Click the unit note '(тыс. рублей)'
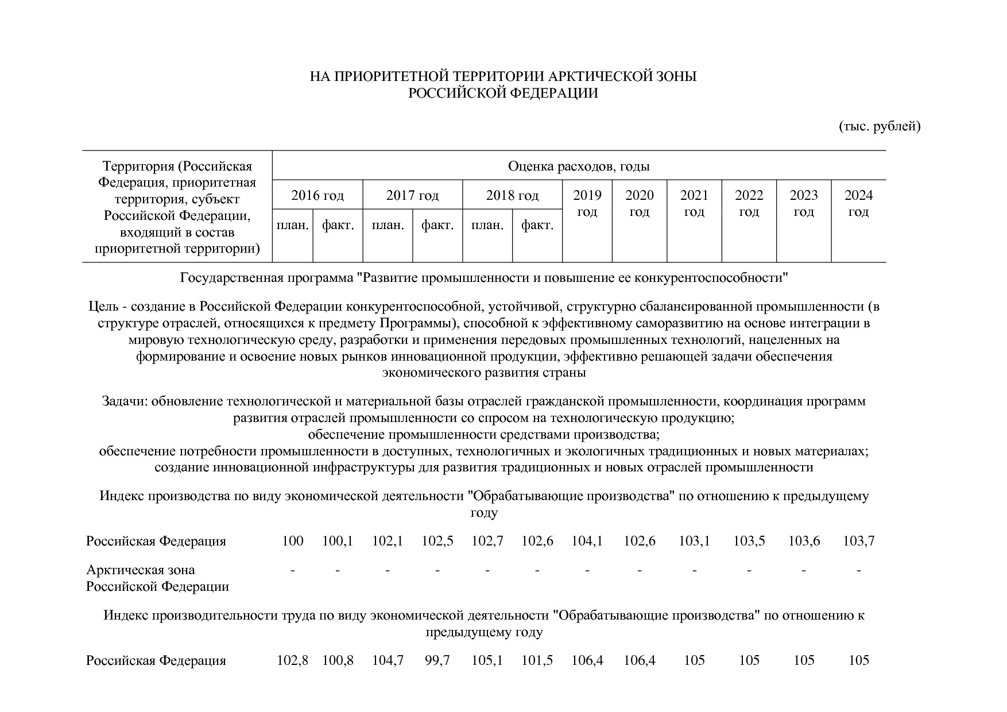[880, 126]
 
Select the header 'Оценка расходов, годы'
[579, 167]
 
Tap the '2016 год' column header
[317, 196]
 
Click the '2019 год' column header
[587, 203]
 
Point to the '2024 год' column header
[858, 203]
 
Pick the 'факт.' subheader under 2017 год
[437, 225]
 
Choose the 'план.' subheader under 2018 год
[487, 225]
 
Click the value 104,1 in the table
[587, 541]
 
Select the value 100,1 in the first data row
[338, 541]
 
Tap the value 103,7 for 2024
[858, 541]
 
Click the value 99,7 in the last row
[437, 660]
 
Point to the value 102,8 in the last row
[292, 660]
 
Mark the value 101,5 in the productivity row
[537, 660]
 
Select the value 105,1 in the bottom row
[487, 660]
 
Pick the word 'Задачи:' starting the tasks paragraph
[125, 401]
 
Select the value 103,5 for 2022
[749, 541]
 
